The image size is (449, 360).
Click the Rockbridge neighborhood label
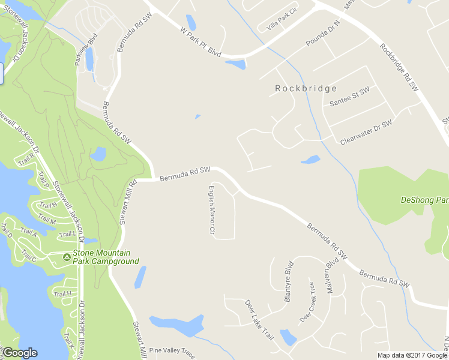point(306,88)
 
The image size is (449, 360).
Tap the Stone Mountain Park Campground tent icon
point(67,257)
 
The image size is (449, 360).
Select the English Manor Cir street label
point(211,209)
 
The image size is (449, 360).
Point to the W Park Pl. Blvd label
point(202,42)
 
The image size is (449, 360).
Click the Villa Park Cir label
point(277,19)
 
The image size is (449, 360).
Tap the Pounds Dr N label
point(323,34)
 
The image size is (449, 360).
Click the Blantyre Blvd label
point(288,281)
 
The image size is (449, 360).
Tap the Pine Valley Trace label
point(172,350)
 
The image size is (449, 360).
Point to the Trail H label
point(62,294)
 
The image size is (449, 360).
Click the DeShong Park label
point(424,200)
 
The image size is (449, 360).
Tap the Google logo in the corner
point(20,353)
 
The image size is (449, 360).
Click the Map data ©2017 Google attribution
point(412,355)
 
